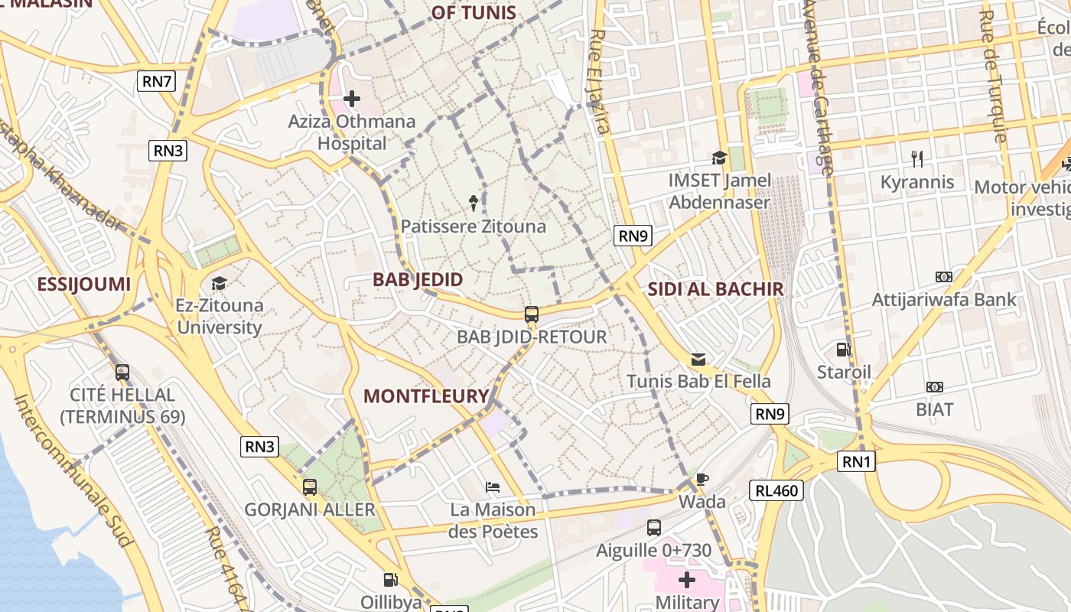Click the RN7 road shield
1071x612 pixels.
(x=156, y=81)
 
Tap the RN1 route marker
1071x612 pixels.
(x=857, y=461)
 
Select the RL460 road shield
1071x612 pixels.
(x=776, y=490)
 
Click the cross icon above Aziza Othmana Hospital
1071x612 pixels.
(x=352, y=99)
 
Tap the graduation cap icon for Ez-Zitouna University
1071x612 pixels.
(x=220, y=283)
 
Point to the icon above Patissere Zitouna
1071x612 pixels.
(x=474, y=203)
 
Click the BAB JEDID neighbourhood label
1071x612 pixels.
(x=418, y=279)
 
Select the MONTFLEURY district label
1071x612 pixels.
(x=425, y=396)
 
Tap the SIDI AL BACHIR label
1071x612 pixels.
(x=715, y=288)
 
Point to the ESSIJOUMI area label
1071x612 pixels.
(x=84, y=285)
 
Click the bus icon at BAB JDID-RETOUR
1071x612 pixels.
(x=531, y=314)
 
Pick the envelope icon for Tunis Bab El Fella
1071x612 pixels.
(x=698, y=359)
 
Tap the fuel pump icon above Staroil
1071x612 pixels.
(x=843, y=350)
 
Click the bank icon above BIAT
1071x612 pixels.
(x=934, y=387)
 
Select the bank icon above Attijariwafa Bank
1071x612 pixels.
(x=944, y=277)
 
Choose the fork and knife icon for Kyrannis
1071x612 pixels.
(x=917, y=159)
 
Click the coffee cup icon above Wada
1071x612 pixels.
(x=702, y=480)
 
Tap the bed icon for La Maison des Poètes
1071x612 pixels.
(x=493, y=487)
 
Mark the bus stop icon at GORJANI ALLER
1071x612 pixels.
(x=310, y=487)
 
